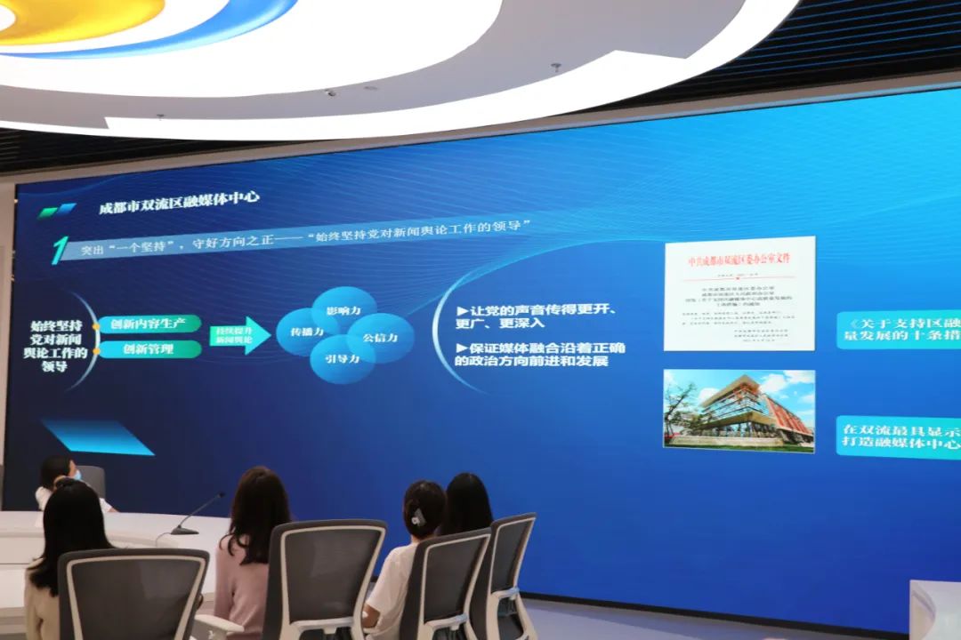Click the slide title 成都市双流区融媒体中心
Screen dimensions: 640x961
(179, 202)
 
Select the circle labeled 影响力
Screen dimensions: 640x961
(343, 310)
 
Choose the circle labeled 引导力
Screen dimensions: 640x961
(341, 360)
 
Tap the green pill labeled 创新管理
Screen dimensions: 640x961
(149, 348)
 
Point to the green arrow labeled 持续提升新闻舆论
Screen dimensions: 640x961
(239, 335)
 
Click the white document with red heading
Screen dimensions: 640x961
(739, 293)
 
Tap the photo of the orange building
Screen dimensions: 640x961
(739, 411)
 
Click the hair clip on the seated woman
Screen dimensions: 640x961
(417, 516)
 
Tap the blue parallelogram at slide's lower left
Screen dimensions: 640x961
(98, 436)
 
